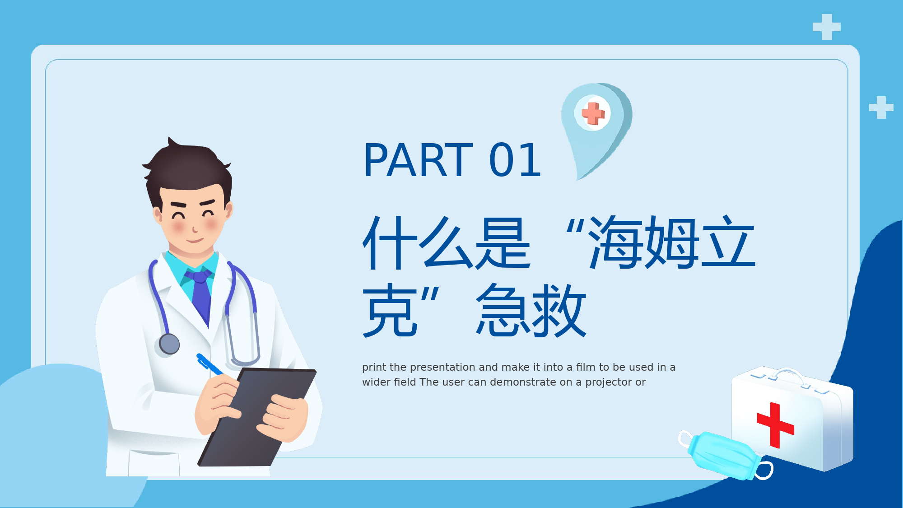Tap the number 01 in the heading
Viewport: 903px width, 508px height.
pyautogui.click(x=515, y=160)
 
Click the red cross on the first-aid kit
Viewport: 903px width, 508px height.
pyautogui.click(x=775, y=425)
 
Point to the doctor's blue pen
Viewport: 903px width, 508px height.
pyautogui.click(x=209, y=364)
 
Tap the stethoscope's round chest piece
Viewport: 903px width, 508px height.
pyautogui.click(x=169, y=344)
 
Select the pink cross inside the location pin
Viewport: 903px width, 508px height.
pyautogui.click(x=593, y=113)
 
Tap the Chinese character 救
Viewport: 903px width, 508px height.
pyautogui.click(x=559, y=310)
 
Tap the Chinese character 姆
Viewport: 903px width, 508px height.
pyautogui.click(x=672, y=242)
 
